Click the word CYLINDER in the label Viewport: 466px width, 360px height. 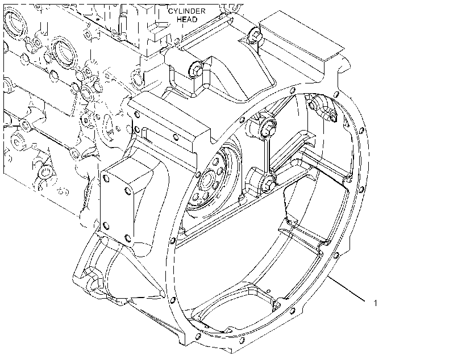click(186, 11)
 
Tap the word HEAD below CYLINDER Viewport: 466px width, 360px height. click(187, 20)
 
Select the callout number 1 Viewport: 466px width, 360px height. click(375, 303)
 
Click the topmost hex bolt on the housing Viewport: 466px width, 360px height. click(255, 35)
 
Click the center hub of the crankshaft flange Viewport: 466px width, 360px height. click(206, 181)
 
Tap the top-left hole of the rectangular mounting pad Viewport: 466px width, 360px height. click(106, 178)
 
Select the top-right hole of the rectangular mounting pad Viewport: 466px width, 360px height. click(128, 191)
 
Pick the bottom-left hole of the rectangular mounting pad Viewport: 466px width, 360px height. click(106, 225)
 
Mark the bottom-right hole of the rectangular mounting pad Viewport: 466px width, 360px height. click(128, 238)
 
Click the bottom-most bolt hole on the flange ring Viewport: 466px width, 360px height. click(242, 340)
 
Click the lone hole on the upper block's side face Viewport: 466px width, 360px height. click(176, 137)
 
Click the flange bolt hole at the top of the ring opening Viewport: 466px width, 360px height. click(293, 90)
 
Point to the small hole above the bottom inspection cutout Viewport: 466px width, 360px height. click(268, 291)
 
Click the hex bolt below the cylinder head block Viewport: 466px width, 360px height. click(195, 70)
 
